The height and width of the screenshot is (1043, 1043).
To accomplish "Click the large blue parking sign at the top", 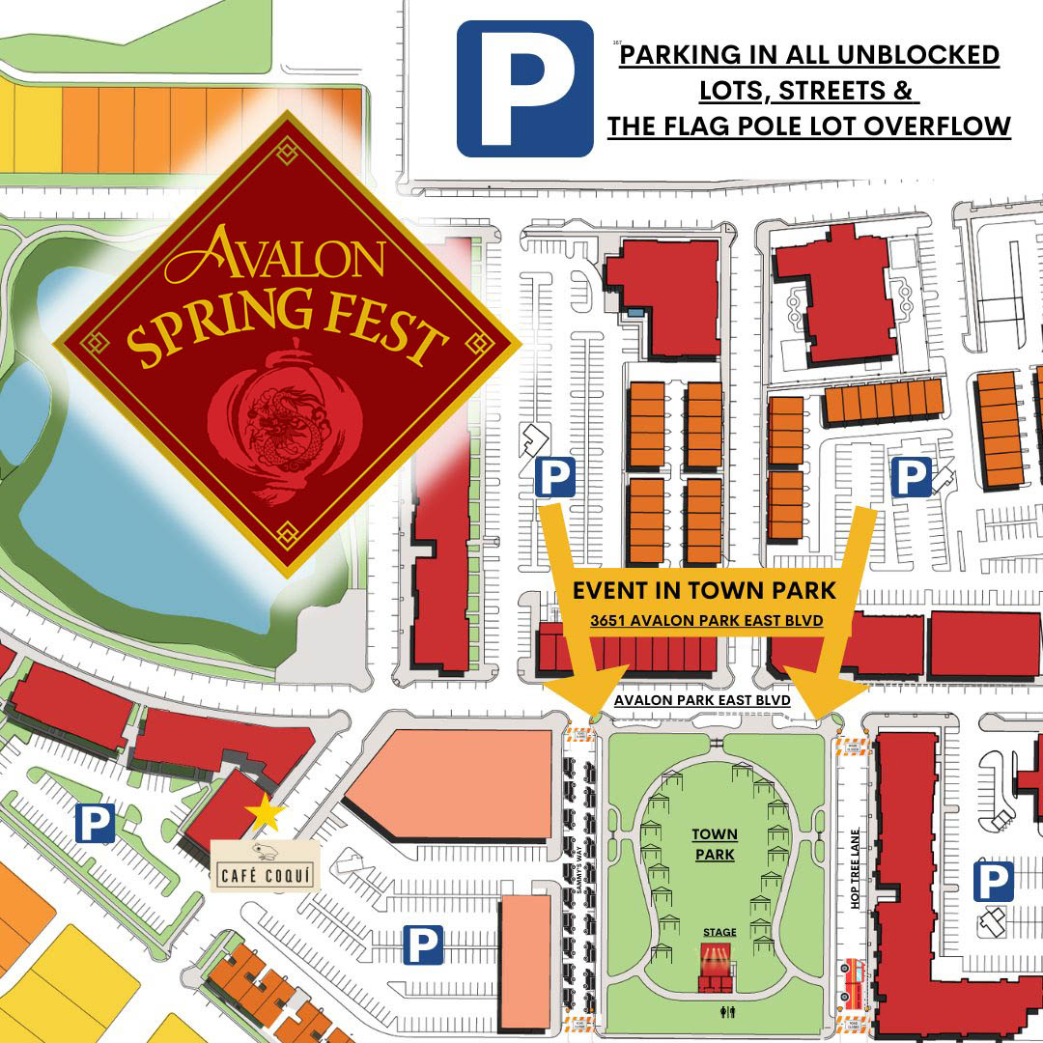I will tap(524, 88).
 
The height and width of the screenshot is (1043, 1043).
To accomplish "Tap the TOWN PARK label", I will tap(715, 844).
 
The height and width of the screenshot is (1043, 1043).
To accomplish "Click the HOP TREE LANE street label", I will tap(856, 868).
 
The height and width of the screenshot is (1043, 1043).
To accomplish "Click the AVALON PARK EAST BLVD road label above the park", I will tap(703, 699).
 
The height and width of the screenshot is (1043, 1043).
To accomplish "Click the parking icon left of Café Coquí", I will tap(95, 823).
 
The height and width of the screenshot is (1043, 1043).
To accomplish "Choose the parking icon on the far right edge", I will tap(993, 882).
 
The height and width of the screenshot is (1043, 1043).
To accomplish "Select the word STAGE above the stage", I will tap(719, 932).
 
